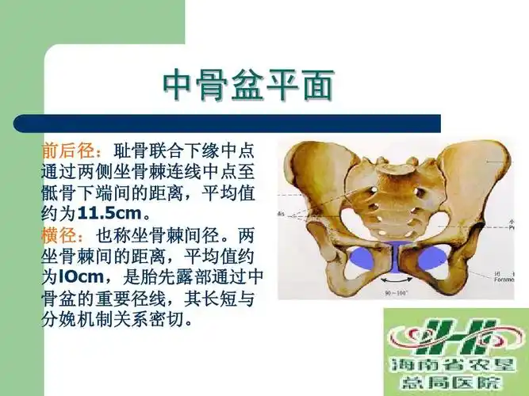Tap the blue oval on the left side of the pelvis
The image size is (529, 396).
tap(359, 256)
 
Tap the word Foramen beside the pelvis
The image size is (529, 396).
tap(506, 277)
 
